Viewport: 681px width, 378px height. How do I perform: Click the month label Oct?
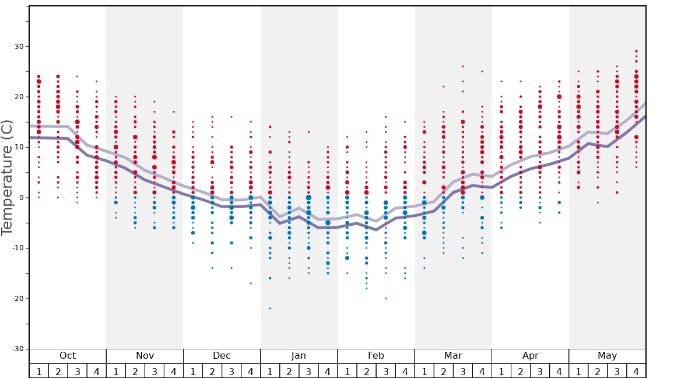pos(68,356)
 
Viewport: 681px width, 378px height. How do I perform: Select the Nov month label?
pos(145,356)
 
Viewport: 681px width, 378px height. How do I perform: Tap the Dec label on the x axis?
pos(222,356)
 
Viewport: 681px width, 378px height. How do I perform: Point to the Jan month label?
pos(299,356)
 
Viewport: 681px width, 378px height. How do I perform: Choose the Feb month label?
pos(376,356)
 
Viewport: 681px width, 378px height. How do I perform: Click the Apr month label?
pos(530,356)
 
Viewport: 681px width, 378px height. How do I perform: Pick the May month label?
pos(607,356)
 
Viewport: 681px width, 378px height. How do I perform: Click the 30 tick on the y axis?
pos(17,47)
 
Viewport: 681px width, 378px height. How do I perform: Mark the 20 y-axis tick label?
pos(17,97)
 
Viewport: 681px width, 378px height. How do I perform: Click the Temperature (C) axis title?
pos(7,177)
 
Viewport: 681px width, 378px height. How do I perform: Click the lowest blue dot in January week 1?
pos(270,308)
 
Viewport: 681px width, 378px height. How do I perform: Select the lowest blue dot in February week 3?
pos(385,298)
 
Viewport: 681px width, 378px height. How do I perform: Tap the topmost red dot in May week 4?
pos(636,51)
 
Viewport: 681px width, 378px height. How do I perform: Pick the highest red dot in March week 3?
pos(463,66)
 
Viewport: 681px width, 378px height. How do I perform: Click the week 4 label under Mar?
pos(482,371)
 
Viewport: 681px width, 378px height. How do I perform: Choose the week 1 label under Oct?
pos(39,371)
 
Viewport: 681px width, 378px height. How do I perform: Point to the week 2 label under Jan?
pos(289,371)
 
